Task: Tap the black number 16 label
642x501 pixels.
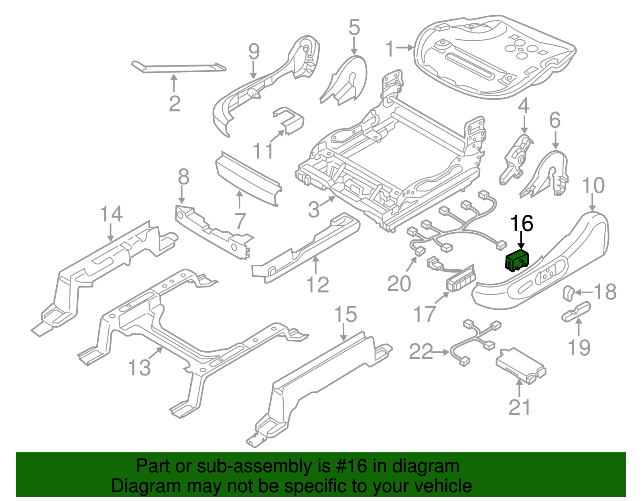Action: tap(522, 224)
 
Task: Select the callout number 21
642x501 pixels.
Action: tap(519, 408)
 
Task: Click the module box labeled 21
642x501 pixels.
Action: tap(520, 365)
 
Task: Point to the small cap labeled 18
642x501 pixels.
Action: tap(568, 292)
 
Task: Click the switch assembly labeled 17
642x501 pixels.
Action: tap(460, 279)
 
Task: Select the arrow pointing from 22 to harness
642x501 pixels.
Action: tap(441, 352)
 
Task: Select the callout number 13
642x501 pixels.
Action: tap(139, 367)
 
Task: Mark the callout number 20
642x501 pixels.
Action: tap(399, 284)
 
